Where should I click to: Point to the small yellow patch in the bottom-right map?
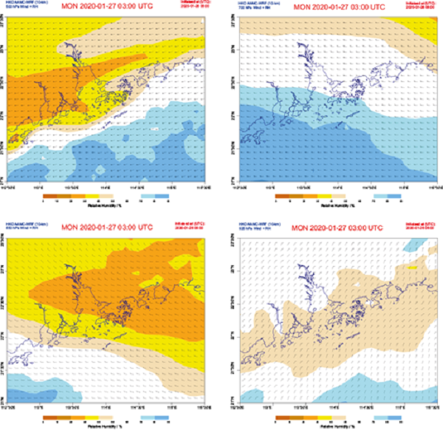coord(413,259)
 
